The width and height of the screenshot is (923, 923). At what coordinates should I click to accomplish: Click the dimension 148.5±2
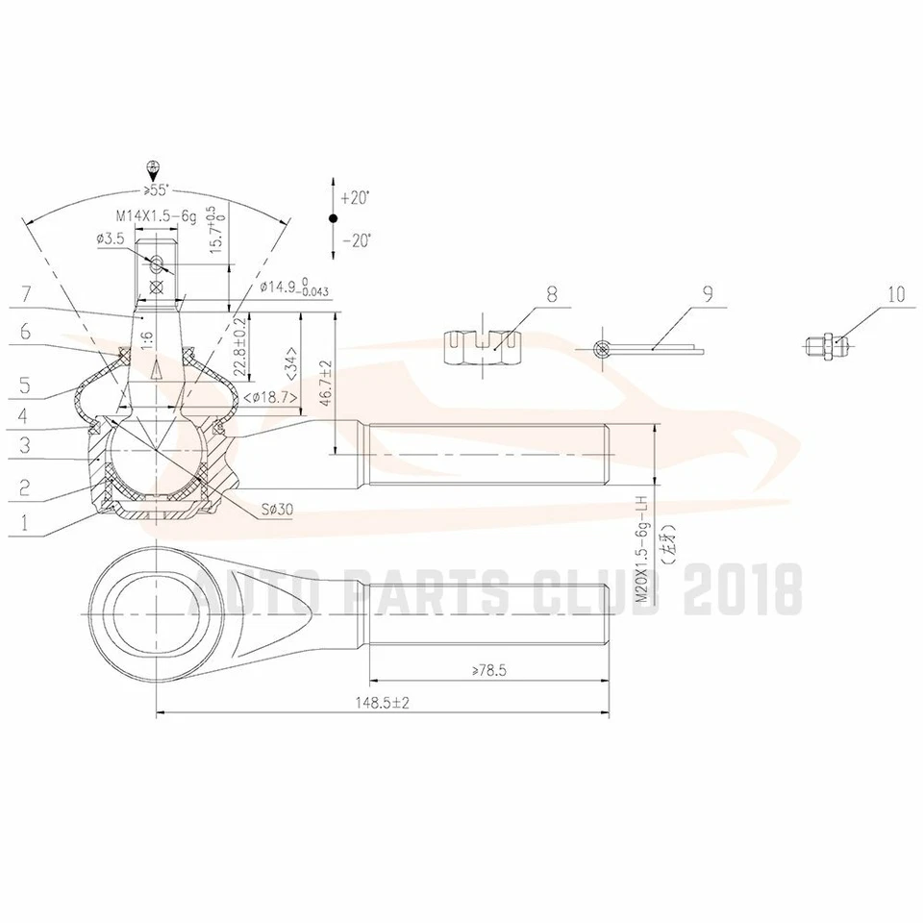(x=382, y=703)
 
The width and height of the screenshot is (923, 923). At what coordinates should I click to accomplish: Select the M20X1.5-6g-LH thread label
(x=643, y=550)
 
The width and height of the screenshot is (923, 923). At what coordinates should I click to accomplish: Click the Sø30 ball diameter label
(x=276, y=509)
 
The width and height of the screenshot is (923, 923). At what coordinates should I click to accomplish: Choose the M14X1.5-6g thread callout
(x=156, y=217)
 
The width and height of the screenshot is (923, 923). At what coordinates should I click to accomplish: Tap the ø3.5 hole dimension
(x=112, y=238)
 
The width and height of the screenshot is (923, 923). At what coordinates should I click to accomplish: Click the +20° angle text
(x=355, y=197)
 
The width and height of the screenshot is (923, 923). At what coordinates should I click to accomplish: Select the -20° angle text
(x=355, y=240)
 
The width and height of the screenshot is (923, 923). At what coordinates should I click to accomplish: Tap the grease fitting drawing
(x=824, y=344)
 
